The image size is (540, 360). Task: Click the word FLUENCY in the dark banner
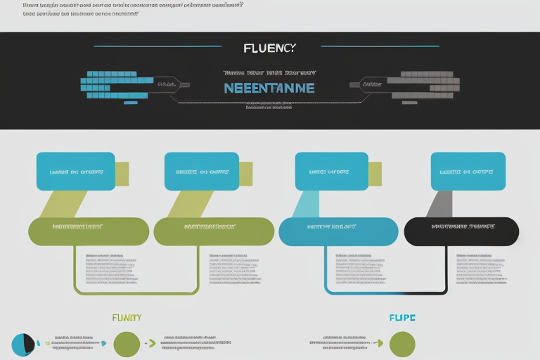[x=269, y=48]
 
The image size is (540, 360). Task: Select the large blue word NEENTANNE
[x=269, y=88]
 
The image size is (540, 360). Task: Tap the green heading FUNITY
[x=127, y=318]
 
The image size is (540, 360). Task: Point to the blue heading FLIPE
[x=402, y=318]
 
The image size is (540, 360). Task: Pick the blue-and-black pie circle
[x=23, y=345]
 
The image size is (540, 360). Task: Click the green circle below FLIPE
[x=402, y=344]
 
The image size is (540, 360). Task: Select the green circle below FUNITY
[x=127, y=344]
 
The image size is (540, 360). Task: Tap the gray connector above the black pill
[x=439, y=203]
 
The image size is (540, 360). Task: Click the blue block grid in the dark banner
[x=116, y=84]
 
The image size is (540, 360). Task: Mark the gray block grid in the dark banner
[x=425, y=84]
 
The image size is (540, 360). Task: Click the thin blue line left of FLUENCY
[x=157, y=46]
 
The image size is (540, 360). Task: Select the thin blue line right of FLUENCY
[x=380, y=46]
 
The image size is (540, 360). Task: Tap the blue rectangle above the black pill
[x=468, y=172]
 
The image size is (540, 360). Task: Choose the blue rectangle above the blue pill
[x=331, y=172]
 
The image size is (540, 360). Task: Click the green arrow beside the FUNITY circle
[x=150, y=344]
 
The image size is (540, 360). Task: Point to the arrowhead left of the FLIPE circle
[x=380, y=344]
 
